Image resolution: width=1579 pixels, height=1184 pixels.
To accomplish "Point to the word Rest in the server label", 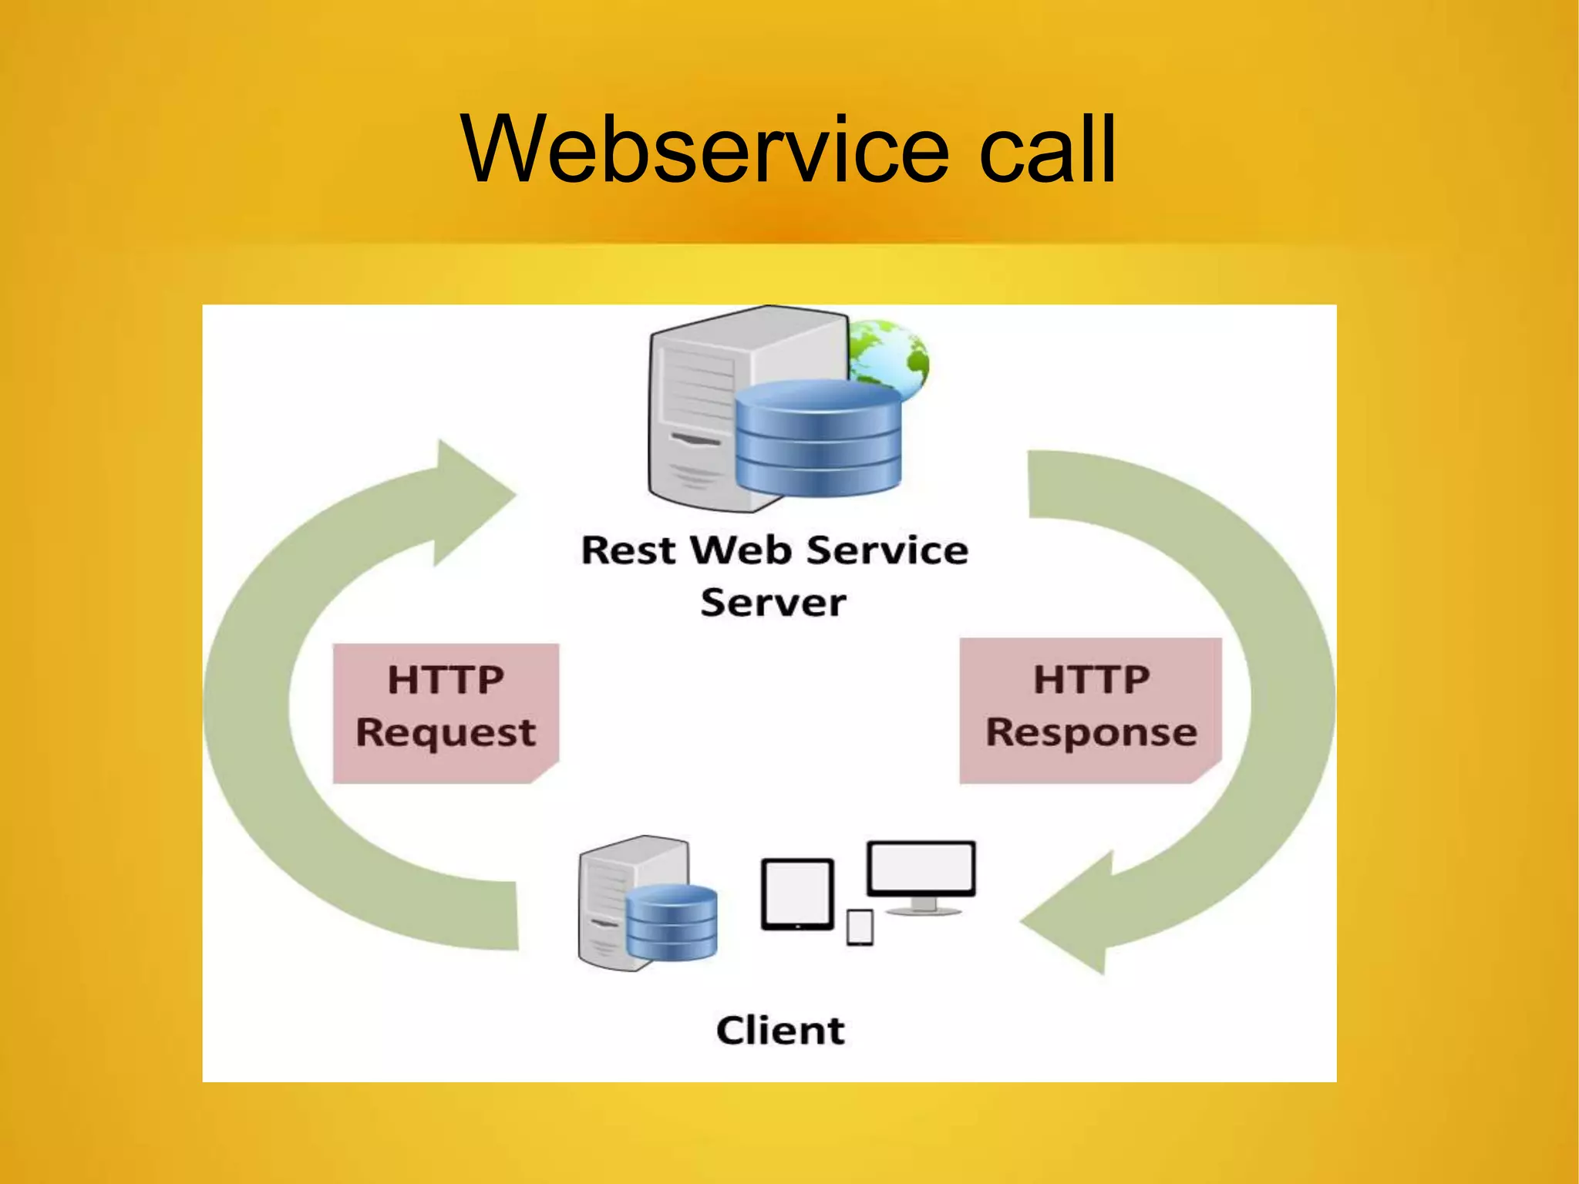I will point(628,551).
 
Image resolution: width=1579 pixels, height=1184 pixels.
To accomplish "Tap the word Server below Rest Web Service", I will point(773,603).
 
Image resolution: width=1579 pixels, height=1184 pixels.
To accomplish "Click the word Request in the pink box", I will point(446,732).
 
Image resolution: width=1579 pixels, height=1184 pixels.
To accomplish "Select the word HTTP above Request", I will point(446,680).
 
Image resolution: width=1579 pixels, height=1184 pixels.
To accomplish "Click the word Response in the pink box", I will point(1091,732).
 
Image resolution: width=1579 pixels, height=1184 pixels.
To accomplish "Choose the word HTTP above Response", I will point(1091,680).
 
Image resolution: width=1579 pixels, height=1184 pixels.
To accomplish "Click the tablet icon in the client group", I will point(797,894).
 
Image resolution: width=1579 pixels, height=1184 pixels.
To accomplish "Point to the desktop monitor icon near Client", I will point(921,871).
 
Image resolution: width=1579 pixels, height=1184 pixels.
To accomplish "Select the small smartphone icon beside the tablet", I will point(860,927).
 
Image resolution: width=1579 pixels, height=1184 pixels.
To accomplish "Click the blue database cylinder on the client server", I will point(672,921).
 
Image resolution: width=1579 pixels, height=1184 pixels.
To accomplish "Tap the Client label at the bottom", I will point(780,1031).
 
